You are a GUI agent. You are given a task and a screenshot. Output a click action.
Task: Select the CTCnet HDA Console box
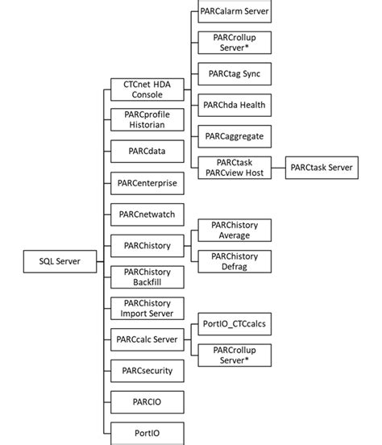(x=147, y=89)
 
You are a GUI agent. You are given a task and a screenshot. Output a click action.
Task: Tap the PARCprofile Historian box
(x=147, y=119)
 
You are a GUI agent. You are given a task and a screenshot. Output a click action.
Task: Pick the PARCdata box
(x=147, y=152)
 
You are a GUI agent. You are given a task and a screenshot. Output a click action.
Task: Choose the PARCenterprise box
(x=147, y=183)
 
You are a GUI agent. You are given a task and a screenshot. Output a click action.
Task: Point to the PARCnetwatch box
(x=147, y=214)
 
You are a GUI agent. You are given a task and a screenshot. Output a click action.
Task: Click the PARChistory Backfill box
(x=147, y=277)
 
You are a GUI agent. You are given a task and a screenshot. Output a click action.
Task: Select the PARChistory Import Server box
(x=147, y=308)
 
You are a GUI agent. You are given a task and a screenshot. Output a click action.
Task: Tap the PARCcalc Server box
(x=147, y=339)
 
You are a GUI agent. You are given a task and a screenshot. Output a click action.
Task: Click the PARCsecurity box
(x=147, y=371)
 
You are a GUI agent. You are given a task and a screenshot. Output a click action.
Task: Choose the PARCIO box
(x=147, y=401)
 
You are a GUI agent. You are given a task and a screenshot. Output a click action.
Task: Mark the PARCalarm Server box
(x=234, y=12)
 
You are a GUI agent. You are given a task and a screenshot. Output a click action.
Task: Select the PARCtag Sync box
(x=234, y=75)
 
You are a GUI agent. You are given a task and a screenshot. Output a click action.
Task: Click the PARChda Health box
(x=234, y=105)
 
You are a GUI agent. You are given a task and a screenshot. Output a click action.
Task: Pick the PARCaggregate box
(x=234, y=136)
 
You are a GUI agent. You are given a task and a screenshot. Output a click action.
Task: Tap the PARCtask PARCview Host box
(x=234, y=168)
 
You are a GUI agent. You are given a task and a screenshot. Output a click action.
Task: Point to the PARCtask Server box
(x=322, y=168)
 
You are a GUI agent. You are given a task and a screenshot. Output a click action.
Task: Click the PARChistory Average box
(x=234, y=230)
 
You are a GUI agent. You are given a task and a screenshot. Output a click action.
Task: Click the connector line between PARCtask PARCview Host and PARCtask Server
(x=278, y=168)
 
